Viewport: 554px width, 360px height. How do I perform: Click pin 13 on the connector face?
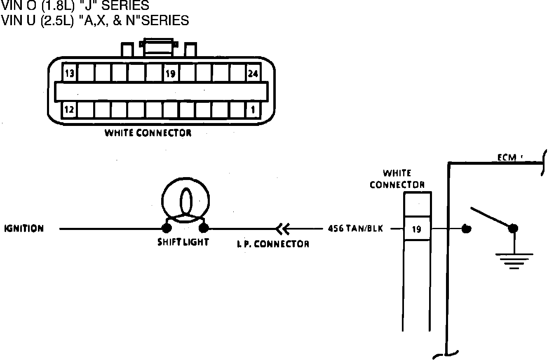coord(70,74)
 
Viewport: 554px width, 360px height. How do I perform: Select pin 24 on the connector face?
coord(253,74)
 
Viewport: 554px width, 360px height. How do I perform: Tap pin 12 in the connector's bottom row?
coord(69,110)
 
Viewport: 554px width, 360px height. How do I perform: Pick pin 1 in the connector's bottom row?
coord(253,110)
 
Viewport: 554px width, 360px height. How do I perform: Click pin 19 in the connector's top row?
coord(170,74)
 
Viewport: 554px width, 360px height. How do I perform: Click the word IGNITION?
coord(24,229)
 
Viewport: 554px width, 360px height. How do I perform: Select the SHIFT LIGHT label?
coord(183,242)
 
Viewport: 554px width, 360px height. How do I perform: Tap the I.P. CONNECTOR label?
coord(273,244)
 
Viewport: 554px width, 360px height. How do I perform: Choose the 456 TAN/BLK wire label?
coord(355,228)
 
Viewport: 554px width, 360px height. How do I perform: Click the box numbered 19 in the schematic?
coord(417,229)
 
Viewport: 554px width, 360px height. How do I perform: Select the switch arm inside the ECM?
coord(491,217)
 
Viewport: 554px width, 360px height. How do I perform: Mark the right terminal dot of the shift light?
coord(204,228)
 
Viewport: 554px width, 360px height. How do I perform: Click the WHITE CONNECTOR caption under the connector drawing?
coord(148,133)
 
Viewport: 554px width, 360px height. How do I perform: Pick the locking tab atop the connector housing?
coord(159,46)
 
